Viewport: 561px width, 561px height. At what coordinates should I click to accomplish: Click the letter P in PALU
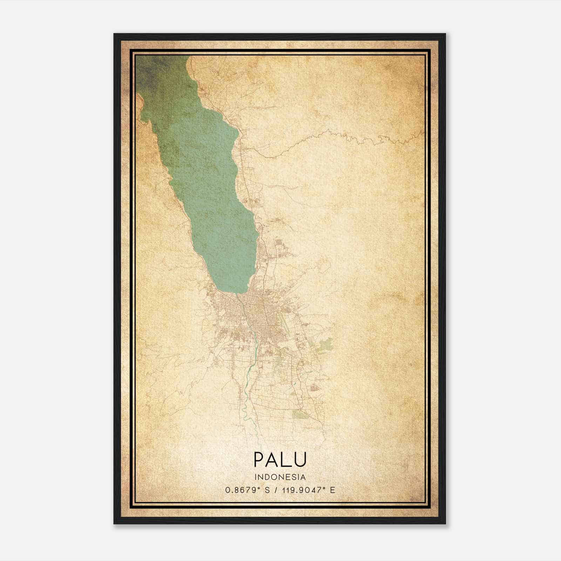point(259,459)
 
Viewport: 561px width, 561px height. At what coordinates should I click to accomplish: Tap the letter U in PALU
point(300,459)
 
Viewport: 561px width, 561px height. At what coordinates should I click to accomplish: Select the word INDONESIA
point(280,477)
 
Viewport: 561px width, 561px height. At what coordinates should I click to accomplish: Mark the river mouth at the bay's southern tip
point(239,295)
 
